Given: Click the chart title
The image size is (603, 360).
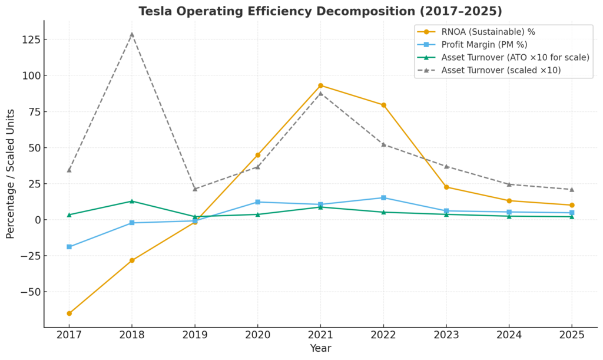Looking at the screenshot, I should pyautogui.click(x=320, y=11).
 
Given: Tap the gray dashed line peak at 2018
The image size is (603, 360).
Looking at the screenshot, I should pyautogui.click(x=132, y=34).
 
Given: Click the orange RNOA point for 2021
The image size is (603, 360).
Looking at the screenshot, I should pyautogui.click(x=320, y=85).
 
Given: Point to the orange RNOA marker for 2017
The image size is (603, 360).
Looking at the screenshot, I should pyautogui.click(x=69, y=313).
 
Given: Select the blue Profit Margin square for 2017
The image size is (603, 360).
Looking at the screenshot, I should pyautogui.click(x=69, y=247).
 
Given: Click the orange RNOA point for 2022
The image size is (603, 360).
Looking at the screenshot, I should pyautogui.click(x=383, y=105).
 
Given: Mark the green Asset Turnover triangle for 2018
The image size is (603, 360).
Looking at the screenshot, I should pyautogui.click(x=132, y=201).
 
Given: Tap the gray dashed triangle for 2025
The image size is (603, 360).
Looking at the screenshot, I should pyautogui.click(x=572, y=189).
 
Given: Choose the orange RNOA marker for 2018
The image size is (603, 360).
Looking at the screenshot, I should pyautogui.click(x=132, y=260).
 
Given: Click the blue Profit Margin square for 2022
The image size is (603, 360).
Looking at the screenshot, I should pyautogui.click(x=383, y=197).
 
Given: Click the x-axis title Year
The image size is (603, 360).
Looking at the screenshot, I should pyautogui.click(x=320, y=349).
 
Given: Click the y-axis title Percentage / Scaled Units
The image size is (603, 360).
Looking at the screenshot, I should pyautogui.click(x=11, y=174).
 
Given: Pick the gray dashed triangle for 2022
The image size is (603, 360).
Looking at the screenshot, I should pyautogui.click(x=383, y=144).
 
